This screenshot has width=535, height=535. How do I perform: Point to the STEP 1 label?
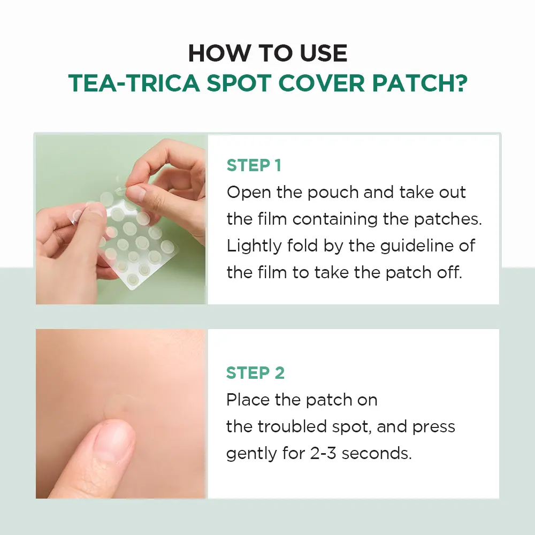tap(254, 165)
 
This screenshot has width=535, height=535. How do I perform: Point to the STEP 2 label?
tap(255, 372)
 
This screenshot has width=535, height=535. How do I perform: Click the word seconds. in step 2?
tap(377, 454)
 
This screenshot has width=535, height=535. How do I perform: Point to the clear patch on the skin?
tap(121, 408)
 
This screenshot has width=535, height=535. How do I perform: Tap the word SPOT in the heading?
tap(239, 83)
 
